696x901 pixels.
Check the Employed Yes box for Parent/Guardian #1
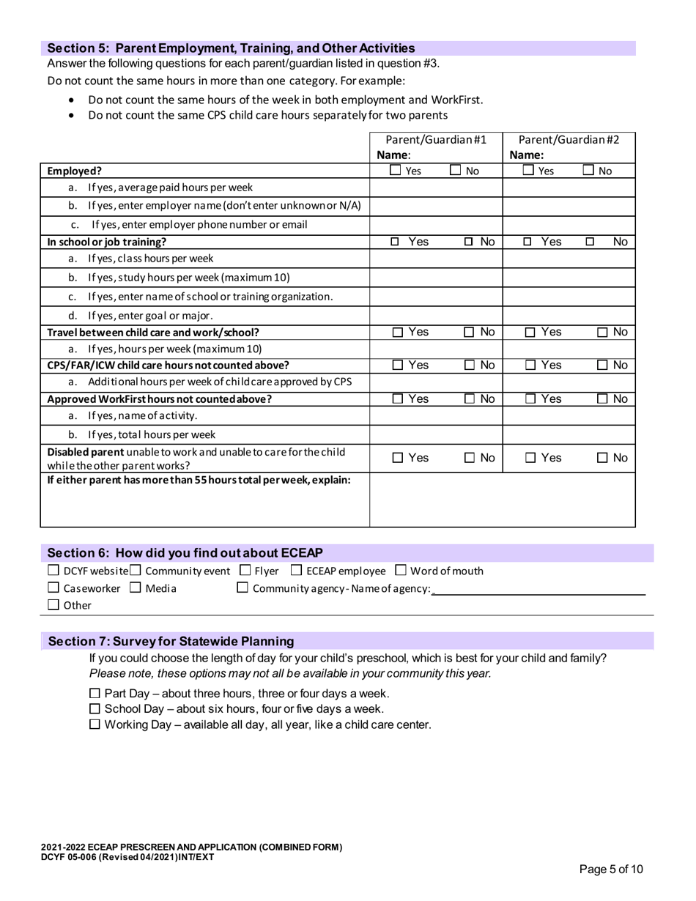(395, 171)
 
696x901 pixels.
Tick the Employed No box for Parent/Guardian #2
(588, 171)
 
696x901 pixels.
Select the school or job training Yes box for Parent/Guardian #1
(394, 242)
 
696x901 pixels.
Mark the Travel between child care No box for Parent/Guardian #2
(602, 333)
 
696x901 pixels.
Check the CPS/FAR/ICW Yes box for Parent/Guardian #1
(397, 366)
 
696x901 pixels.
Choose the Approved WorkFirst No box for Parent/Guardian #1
(469, 399)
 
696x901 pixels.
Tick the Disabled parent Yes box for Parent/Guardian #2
(530, 459)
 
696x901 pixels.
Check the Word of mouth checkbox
(401, 571)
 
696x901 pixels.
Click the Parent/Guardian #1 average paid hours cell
(435, 188)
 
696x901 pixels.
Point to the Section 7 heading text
(171, 642)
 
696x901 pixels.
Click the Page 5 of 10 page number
(611, 870)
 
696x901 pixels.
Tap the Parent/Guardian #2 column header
(569, 140)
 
